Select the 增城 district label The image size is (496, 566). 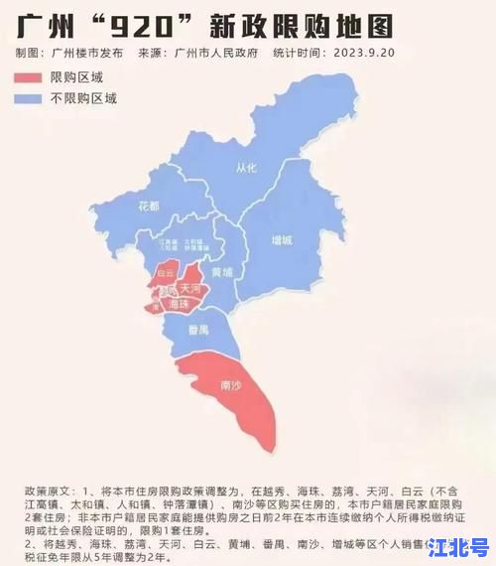(283, 241)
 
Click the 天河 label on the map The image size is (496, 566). (190, 289)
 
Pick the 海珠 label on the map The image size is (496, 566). (179, 306)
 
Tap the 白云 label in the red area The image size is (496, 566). (166, 271)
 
